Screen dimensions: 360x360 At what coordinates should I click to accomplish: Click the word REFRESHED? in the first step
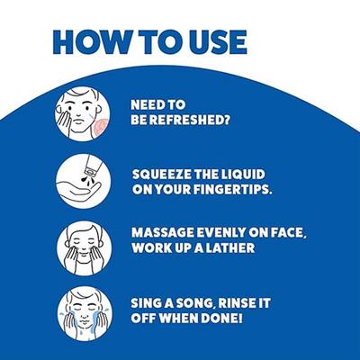pos(190,120)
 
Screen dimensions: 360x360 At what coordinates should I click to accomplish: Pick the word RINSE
pos(236,303)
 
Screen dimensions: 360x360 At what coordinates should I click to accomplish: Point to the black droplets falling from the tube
pos(85,182)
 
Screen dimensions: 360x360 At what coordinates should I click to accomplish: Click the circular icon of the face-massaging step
pos(85,248)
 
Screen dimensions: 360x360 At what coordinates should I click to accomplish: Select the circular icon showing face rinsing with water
pos(85,314)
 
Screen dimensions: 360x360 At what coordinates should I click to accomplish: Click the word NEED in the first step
pos(145,104)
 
